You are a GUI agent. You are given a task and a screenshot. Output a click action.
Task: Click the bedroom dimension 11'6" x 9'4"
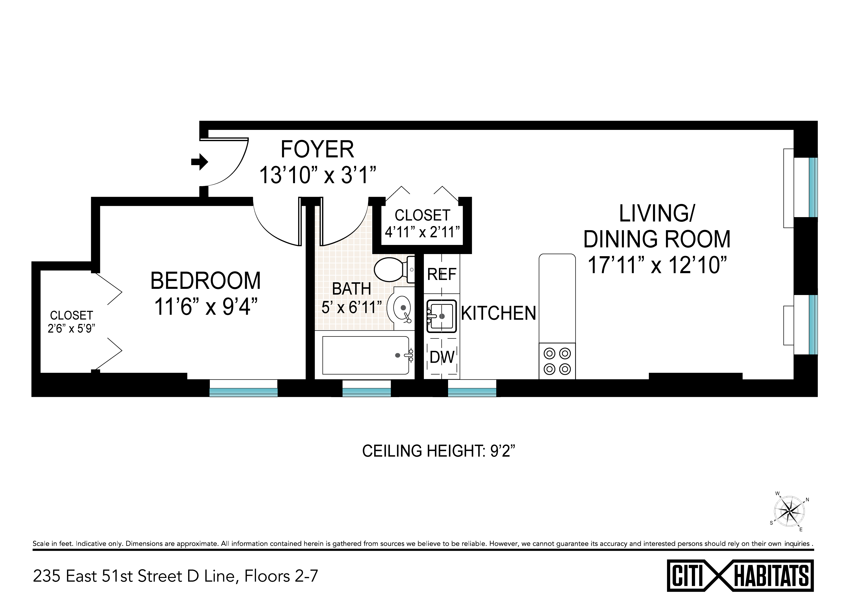[206, 307]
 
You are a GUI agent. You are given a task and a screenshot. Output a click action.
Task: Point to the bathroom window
[367, 388]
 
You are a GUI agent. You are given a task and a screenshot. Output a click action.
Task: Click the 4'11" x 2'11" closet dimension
[422, 232]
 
